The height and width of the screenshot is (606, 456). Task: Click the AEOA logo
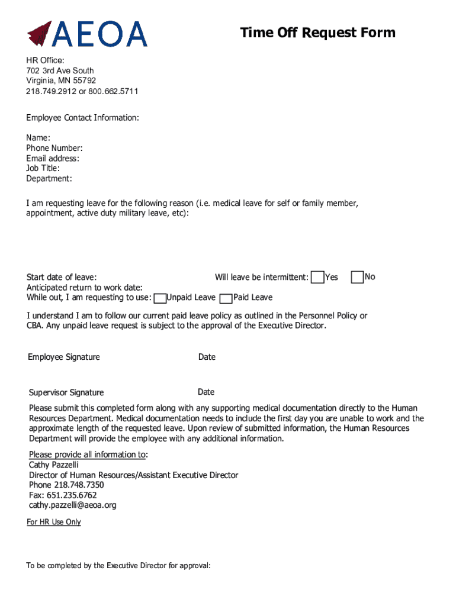pos(86,34)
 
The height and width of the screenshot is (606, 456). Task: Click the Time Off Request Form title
pos(317,33)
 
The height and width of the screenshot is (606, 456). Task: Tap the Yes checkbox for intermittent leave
pos(318,277)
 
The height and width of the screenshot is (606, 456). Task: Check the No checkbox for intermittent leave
pos(357,277)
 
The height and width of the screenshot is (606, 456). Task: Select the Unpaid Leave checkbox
pos(159,298)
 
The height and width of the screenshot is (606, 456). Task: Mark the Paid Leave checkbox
pos(226,298)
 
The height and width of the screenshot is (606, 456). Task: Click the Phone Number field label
pos(54,148)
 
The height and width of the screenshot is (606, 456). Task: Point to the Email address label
pos(53,158)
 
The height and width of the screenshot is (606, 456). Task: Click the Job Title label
pos(43,168)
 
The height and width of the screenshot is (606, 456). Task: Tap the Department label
pos(49,178)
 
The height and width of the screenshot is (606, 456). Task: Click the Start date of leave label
pos(62,277)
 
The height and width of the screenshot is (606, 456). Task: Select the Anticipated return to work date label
pos(84,287)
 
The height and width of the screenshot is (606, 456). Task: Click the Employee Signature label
pos(64,357)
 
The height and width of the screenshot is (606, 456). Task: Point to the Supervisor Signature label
pos(66,392)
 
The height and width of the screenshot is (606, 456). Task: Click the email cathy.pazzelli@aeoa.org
pos(73,505)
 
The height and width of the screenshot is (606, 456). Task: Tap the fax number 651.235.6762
pos(63,495)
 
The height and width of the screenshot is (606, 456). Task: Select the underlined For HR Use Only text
pos(54,522)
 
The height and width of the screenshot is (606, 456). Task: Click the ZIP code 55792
pos(84,80)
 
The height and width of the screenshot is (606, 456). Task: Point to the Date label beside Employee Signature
pos(207,357)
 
